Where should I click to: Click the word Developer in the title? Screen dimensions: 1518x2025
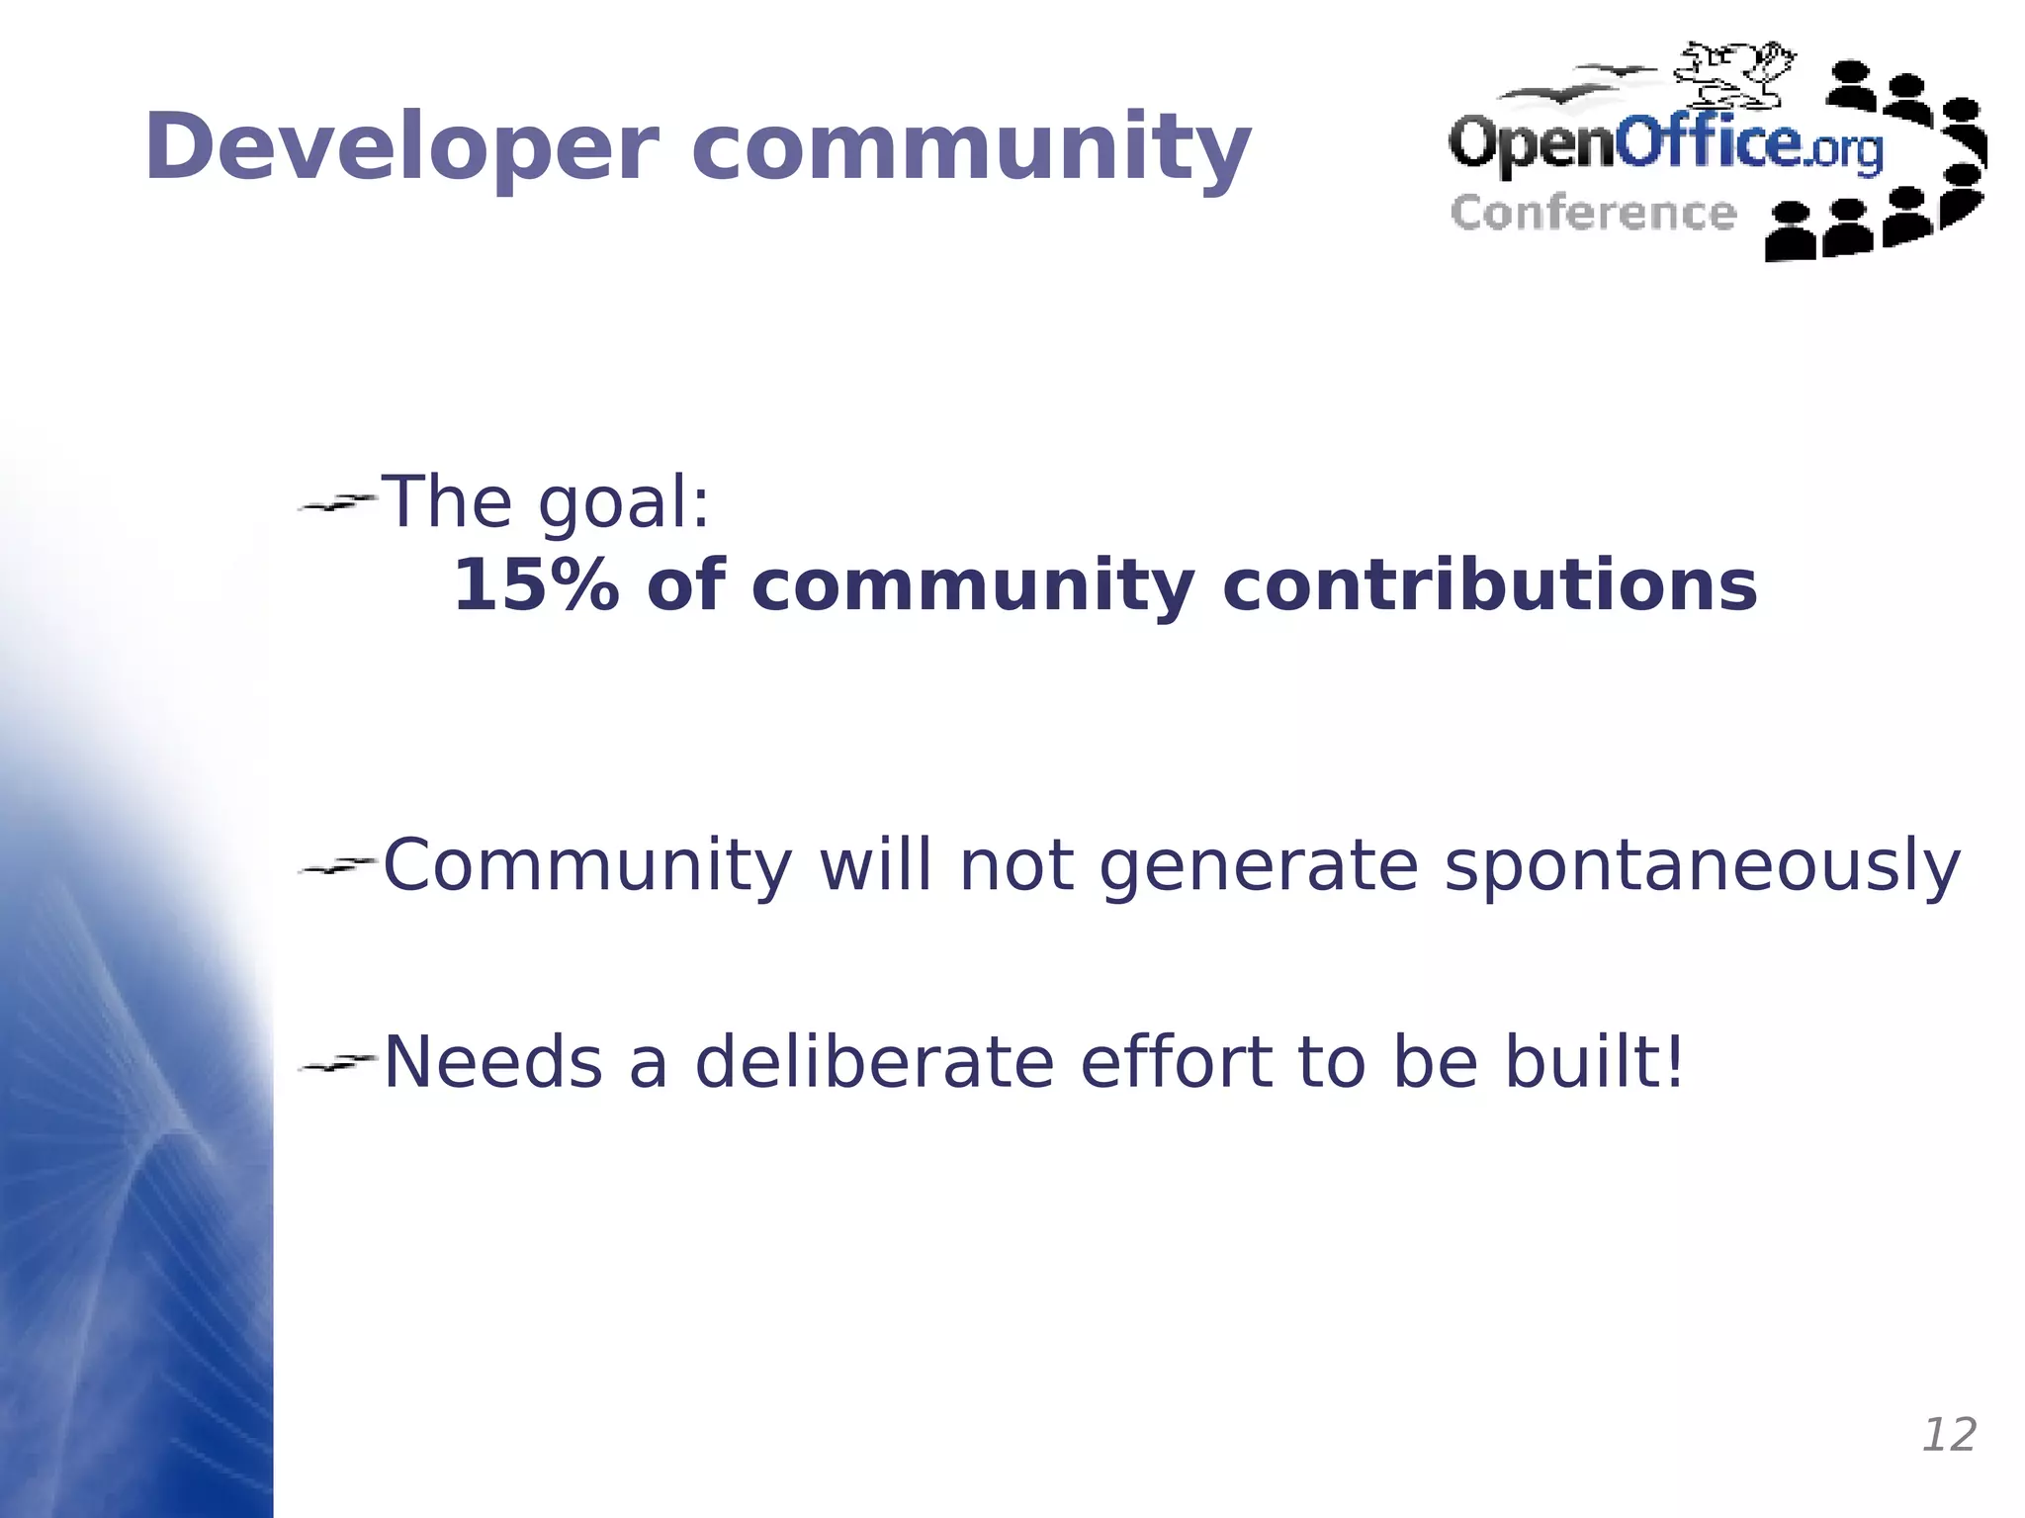point(401,148)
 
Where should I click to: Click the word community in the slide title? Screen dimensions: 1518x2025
point(971,148)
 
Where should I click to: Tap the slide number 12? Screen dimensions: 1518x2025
point(1948,1435)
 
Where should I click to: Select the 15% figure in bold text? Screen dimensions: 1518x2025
point(535,585)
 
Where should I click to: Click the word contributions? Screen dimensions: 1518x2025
point(1489,585)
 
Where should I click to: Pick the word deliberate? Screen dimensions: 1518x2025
point(874,1062)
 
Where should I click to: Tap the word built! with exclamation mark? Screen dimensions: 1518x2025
point(1594,1062)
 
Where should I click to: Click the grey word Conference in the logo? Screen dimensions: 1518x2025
point(1593,214)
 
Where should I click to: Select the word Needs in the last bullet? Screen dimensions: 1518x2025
point(492,1062)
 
